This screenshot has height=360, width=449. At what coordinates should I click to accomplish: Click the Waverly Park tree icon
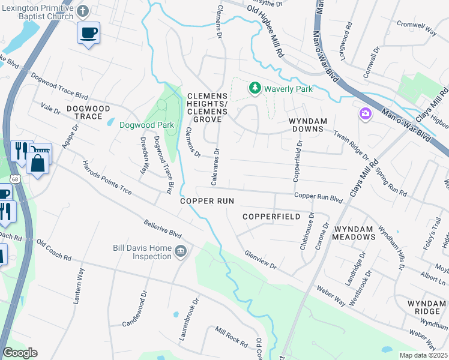click(x=255, y=89)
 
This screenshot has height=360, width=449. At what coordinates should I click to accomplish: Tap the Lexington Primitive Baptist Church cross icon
click(x=83, y=10)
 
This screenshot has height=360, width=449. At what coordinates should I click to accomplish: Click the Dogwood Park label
click(x=146, y=125)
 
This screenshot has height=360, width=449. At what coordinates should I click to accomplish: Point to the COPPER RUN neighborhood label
click(x=206, y=201)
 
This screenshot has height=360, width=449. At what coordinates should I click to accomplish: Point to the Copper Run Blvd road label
click(x=318, y=196)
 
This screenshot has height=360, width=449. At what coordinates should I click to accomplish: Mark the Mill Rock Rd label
click(x=231, y=337)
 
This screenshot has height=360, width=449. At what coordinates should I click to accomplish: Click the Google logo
click(x=20, y=353)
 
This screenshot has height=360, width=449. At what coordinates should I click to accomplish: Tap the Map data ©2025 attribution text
click(x=423, y=355)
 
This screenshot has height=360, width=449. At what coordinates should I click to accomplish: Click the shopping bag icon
click(x=37, y=164)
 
